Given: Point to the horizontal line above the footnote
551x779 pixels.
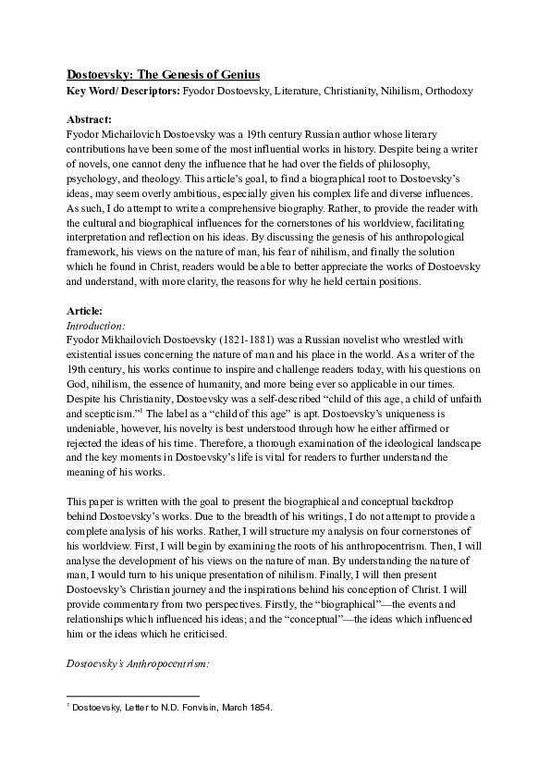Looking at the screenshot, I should [134, 695].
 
